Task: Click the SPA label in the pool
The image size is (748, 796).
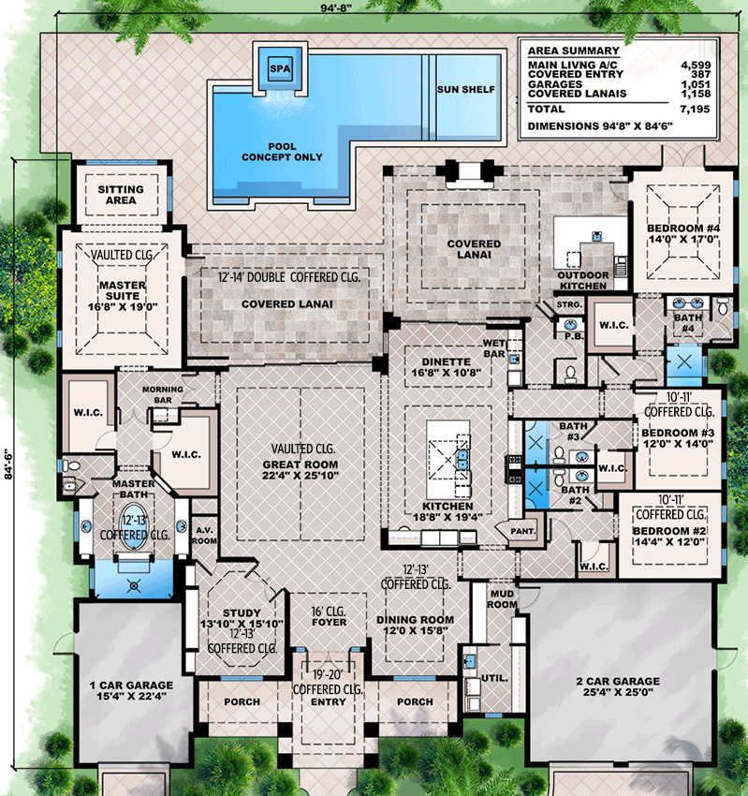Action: coord(280,69)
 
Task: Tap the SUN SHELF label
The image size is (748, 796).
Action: coord(466,89)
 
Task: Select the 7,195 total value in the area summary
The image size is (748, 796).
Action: coord(695,110)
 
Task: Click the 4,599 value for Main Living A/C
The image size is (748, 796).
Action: coord(696,65)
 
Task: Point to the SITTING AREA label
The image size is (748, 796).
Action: coord(121,195)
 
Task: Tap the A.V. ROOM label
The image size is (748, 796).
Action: coord(204,536)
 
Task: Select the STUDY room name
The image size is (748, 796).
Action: coord(242,612)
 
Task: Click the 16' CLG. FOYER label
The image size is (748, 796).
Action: coord(330,616)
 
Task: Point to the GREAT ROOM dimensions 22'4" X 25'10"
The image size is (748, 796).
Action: coord(301,475)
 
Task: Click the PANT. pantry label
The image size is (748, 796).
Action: coord(523,531)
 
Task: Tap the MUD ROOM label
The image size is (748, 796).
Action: coord(503,599)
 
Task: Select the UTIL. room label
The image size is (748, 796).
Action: coord(495,678)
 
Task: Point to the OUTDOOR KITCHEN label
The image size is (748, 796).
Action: coord(583,280)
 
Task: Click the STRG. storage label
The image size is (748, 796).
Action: coord(569,304)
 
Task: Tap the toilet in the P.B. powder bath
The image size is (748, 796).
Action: coord(570,374)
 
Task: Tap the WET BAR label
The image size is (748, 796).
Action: coord(493,348)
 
